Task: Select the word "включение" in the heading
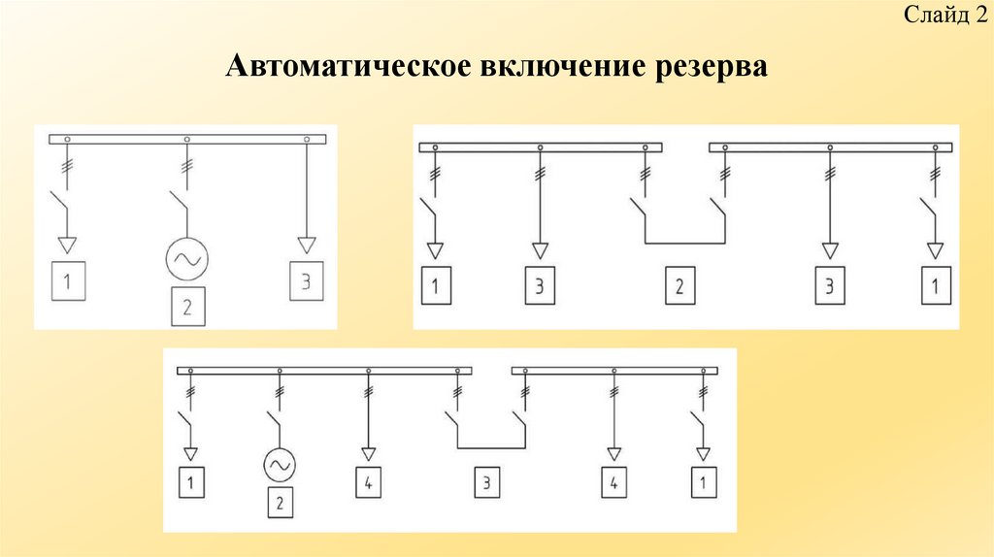point(548,67)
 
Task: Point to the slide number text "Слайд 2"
point(940,16)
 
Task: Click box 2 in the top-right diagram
point(680,286)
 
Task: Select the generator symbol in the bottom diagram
point(279,467)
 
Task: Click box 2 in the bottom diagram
point(279,503)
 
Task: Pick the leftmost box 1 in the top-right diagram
point(436,286)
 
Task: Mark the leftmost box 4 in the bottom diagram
point(367,482)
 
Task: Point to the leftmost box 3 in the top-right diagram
point(540,286)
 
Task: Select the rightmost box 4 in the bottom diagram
point(613,482)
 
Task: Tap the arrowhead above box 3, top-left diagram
point(307,244)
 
